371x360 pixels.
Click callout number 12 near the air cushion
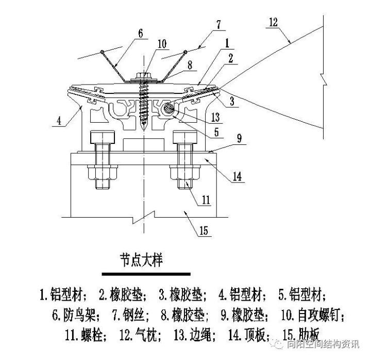click(273, 22)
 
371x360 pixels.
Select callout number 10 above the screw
click(162, 45)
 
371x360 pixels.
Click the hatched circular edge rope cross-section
click(168, 110)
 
